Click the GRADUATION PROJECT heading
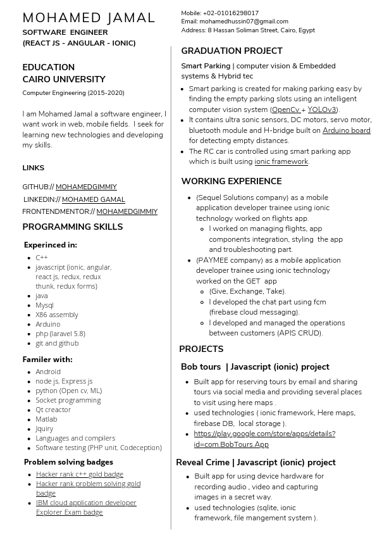point(232,51)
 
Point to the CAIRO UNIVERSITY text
point(64,79)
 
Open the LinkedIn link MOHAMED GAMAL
point(93,199)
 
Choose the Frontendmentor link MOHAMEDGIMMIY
point(127,211)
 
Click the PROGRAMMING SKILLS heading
point(73,227)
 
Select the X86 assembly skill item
point(57,315)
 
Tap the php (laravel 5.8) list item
point(60,334)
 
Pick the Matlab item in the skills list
point(46,419)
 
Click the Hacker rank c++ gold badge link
point(79,474)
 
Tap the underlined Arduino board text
point(347,130)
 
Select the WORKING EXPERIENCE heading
point(232,181)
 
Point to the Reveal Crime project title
point(256,462)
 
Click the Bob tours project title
point(255,367)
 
